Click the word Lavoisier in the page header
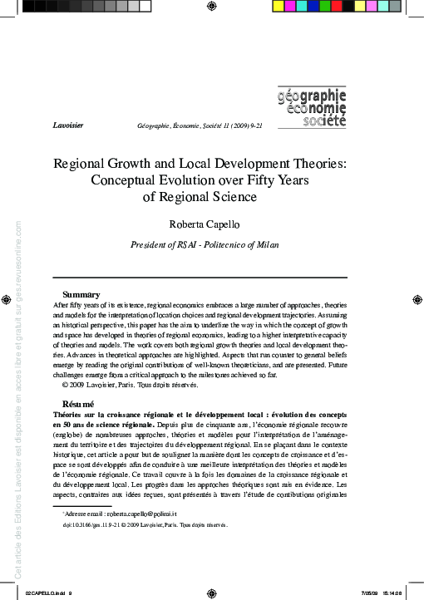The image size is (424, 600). pyautogui.click(x=67, y=124)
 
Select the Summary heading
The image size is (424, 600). pyautogui.click(x=81, y=294)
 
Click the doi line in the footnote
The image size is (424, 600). pyautogui.click(x=145, y=525)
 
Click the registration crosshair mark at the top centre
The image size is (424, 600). pyautogui.click(x=212, y=6)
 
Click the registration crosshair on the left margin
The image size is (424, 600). pyautogui.click(x=7, y=300)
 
